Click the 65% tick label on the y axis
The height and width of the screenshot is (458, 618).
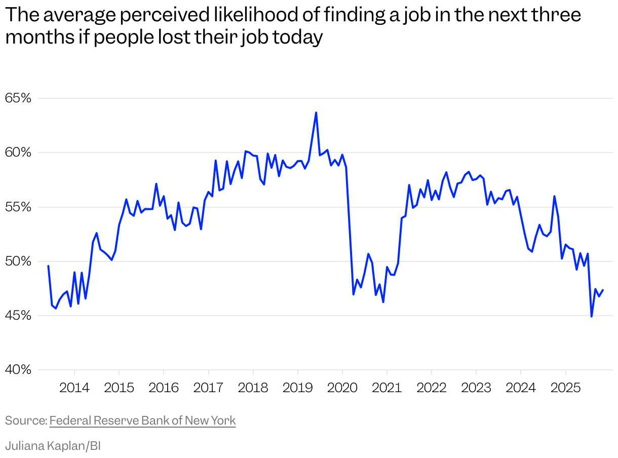point(18,98)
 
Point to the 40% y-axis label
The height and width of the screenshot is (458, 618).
point(18,370)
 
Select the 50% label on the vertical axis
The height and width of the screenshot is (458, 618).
point(18,261)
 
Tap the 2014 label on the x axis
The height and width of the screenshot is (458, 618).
point(74,388)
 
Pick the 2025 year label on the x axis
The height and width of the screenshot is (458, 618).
point(565,388)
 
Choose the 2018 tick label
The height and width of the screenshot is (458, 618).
point(253,388)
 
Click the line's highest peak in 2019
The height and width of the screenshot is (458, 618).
point(316,112)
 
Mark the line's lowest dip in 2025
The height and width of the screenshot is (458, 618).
point(591,317)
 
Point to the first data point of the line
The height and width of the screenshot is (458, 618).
point(48,266)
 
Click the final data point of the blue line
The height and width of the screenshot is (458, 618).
point(603,290)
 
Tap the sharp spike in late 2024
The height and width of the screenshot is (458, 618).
point(554,196)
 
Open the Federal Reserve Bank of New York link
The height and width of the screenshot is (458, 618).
point(142,421)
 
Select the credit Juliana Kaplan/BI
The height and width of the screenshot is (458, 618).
point(53,446)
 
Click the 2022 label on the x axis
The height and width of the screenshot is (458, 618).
point(431,388)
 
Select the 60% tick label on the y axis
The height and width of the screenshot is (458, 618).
point(18,152)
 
